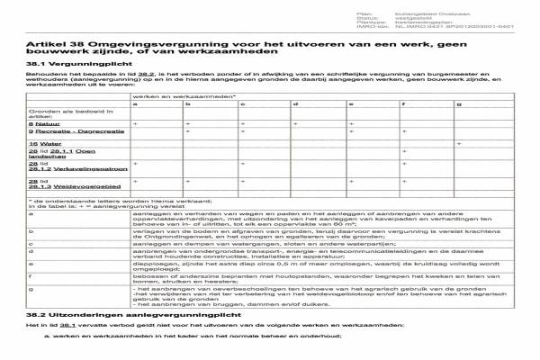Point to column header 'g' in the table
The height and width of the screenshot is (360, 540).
click(459, 104)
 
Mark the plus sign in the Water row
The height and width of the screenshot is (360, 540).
click(459, 142)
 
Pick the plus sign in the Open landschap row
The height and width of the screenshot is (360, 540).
click(405, 151)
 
